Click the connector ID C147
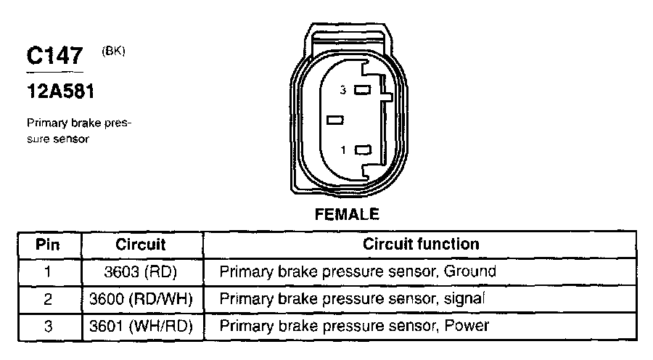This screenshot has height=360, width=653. point(56,57)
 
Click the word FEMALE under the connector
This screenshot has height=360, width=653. point(347,214)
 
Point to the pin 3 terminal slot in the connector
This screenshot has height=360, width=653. point(363,91)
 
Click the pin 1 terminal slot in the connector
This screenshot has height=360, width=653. point(363,150)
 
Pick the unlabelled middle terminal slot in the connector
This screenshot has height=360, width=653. point(334,119)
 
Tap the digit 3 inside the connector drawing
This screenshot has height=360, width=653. point(347,91)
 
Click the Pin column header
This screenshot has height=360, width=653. point(48,245)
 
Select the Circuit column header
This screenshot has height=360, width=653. point(140,245)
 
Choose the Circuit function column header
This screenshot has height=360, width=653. point(420,245)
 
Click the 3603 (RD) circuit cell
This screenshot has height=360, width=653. point(140,272)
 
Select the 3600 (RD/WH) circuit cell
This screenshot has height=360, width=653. point(140,298)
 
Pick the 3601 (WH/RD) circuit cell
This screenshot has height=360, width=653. point(140,326)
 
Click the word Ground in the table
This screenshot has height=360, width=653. point(469,272)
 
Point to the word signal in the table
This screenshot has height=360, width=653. point(463,298)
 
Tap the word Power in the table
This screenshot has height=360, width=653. point(466,326)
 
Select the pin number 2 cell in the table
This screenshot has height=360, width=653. point(48,298)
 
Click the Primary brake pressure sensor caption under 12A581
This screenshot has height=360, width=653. point(78,131)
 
